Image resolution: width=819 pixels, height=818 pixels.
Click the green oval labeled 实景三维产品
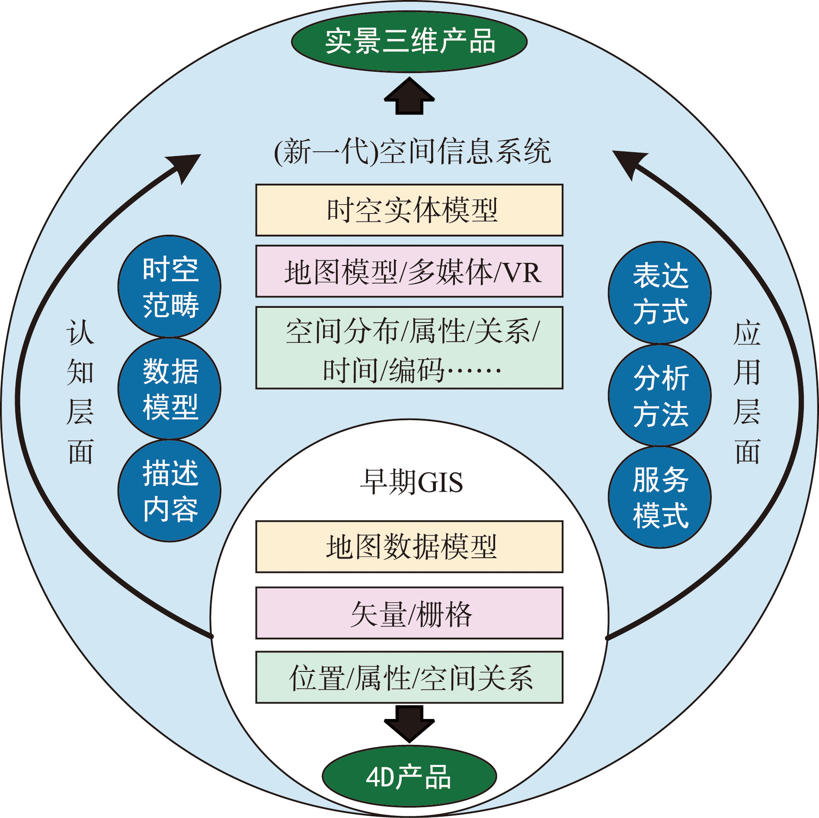pyautogui.click(x=409, y=42)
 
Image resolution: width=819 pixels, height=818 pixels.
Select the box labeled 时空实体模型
pyautogui.click(x=409, y=210)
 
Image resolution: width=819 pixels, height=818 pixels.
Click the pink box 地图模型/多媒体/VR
pyautogui.click(x=409, y=272)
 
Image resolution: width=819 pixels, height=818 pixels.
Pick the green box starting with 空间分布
pyautogui.click(x=409, y=348)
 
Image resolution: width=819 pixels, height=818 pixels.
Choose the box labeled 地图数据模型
pyautogui.click(x=409, y=547)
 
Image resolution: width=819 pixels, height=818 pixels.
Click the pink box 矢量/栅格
pyautogui.click(x=409, y=613)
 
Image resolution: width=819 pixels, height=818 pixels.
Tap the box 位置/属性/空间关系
pyautogui.click(x=409, y=677)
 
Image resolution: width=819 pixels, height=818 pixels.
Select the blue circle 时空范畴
pyautogui.click(x=170, y=287)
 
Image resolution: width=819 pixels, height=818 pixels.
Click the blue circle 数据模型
pyautogui.click(x=170, y=389)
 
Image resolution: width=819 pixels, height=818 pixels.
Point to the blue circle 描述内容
pyautogui.click(x=170, y=491)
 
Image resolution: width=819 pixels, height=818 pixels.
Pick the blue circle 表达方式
pyautogui.click(x=660, y=293)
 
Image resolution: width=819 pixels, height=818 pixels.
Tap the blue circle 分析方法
pyautogui.click(x=660, y=396)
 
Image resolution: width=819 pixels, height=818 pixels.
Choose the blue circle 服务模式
pyautogui.click(x=660, y=497)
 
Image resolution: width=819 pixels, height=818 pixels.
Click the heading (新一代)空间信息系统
pyautogui.click(x=412, y=152)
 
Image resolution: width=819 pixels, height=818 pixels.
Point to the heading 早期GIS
pyautogui.click(x=411, y=482)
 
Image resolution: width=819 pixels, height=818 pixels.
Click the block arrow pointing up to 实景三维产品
pyautogui.click(x=409, y=96)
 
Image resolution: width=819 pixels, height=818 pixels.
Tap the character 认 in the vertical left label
pyautogui.click(x=80, y=333)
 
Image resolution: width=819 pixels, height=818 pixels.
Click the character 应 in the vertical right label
pyautogui.click(x=747, y=333)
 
